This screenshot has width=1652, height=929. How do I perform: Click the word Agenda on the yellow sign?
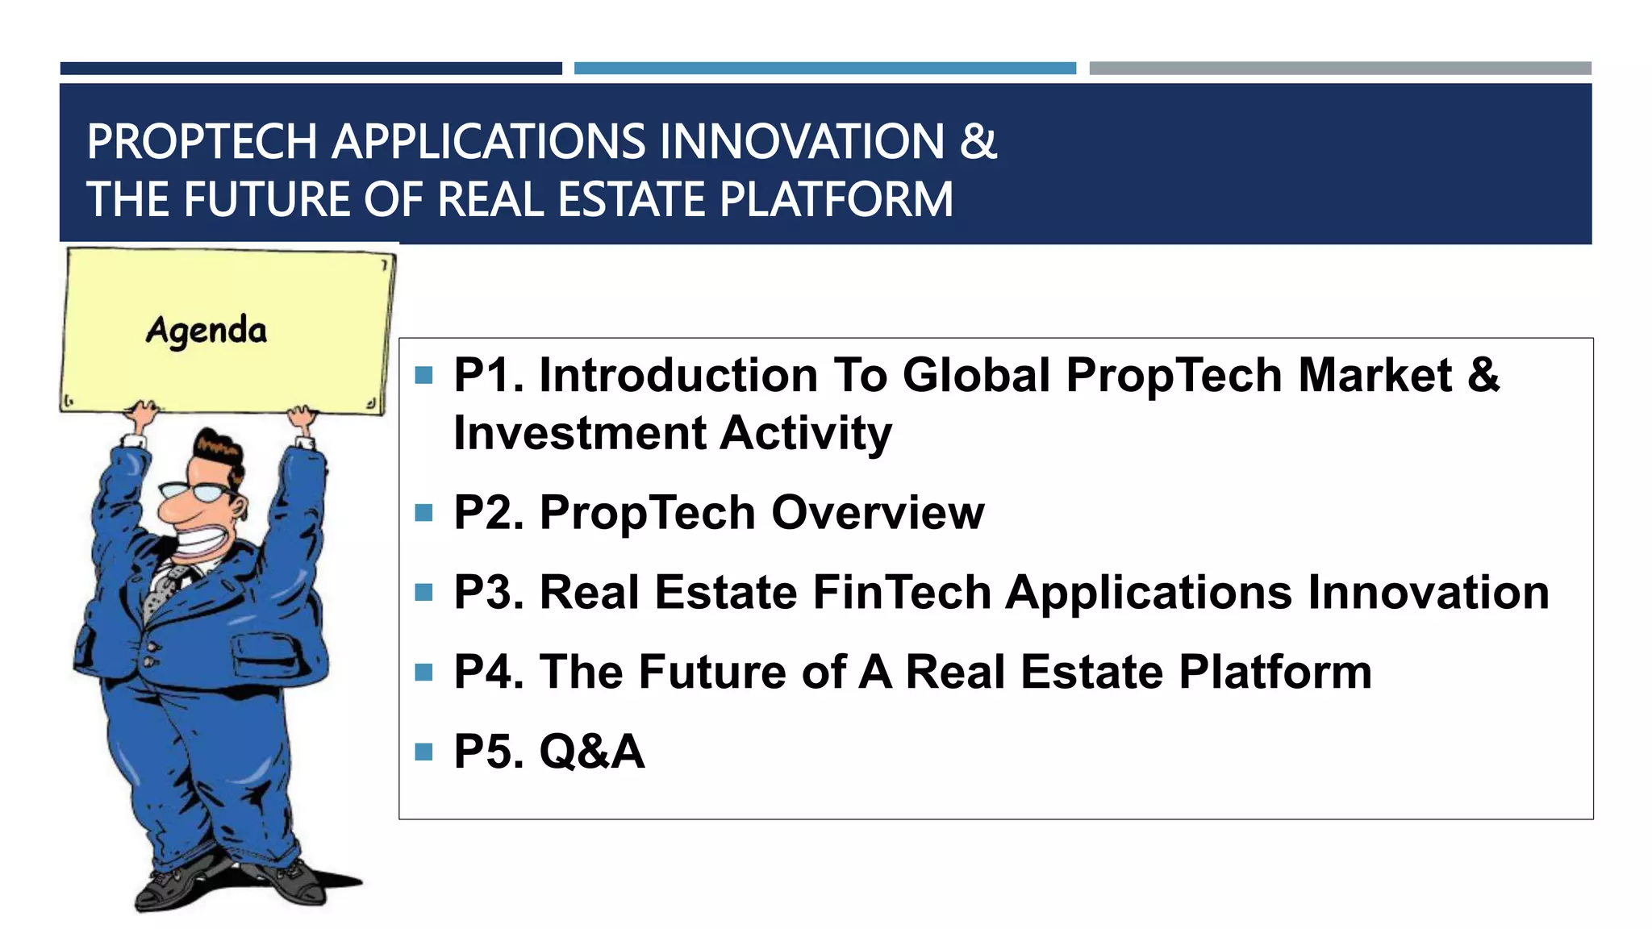206,331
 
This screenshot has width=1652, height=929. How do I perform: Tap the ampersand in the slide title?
978,141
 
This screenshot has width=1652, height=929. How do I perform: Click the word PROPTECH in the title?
202,142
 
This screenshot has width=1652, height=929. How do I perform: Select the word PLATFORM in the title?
836,199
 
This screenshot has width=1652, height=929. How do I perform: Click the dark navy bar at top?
311,69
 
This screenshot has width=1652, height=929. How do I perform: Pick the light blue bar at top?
824,69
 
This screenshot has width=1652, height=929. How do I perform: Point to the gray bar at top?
1340,69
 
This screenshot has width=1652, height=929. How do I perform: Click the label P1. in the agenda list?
488,376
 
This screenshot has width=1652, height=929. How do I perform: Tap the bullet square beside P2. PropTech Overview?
423,513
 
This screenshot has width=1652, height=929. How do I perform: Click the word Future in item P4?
711,672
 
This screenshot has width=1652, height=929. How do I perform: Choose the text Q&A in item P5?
591,752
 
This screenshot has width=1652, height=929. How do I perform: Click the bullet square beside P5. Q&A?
423,752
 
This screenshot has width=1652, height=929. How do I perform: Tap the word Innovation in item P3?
1428,593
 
